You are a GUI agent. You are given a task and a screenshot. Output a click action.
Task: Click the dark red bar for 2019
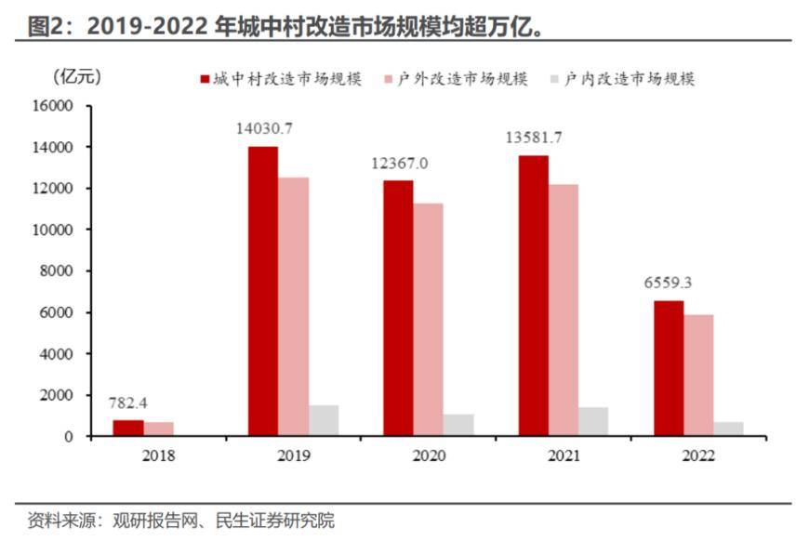point(263,291)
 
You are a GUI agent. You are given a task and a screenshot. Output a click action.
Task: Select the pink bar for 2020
point(429,320)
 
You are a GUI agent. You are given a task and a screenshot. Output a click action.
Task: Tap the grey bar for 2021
point(593,421)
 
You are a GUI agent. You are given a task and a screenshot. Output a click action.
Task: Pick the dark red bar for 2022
point(669,368)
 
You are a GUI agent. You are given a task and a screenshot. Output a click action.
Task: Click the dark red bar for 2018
point(128,428)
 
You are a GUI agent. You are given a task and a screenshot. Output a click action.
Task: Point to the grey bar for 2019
point(324,420)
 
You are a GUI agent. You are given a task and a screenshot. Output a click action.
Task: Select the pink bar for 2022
point(698,376)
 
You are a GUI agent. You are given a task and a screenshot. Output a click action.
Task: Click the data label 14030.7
point(264,128)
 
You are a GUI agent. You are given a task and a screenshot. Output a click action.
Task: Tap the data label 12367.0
point(399,163)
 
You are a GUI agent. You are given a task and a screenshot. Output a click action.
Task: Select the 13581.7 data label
point(534,138)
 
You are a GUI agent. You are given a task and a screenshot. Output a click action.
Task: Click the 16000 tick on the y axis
point(53,106)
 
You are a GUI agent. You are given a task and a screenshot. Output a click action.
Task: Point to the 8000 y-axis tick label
point(57,271)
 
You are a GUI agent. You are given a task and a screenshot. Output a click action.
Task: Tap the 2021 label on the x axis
point(564,456)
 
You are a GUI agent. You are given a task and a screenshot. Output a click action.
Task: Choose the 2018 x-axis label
point(158,456)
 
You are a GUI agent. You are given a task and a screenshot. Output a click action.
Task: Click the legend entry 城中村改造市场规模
point(278,79)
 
